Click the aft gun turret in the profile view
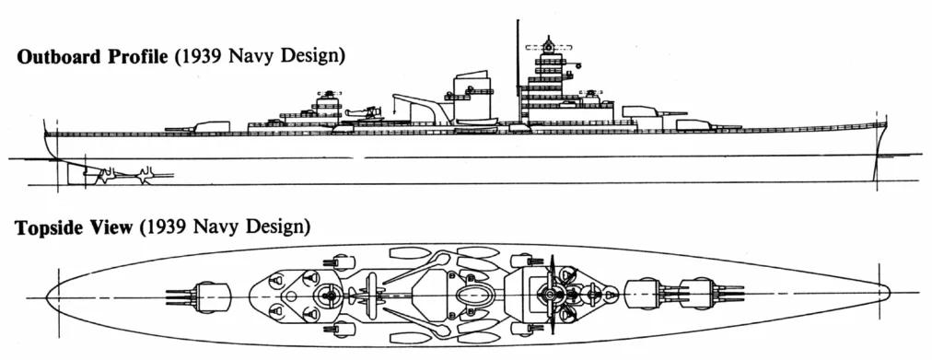tap(210, 124)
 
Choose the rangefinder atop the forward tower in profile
tap(549, 45)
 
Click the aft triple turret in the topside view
tap(211, 296)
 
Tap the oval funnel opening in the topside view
tap(475, 296)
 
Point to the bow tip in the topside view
tap(887, 293)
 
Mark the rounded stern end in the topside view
tap(50, 296)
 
